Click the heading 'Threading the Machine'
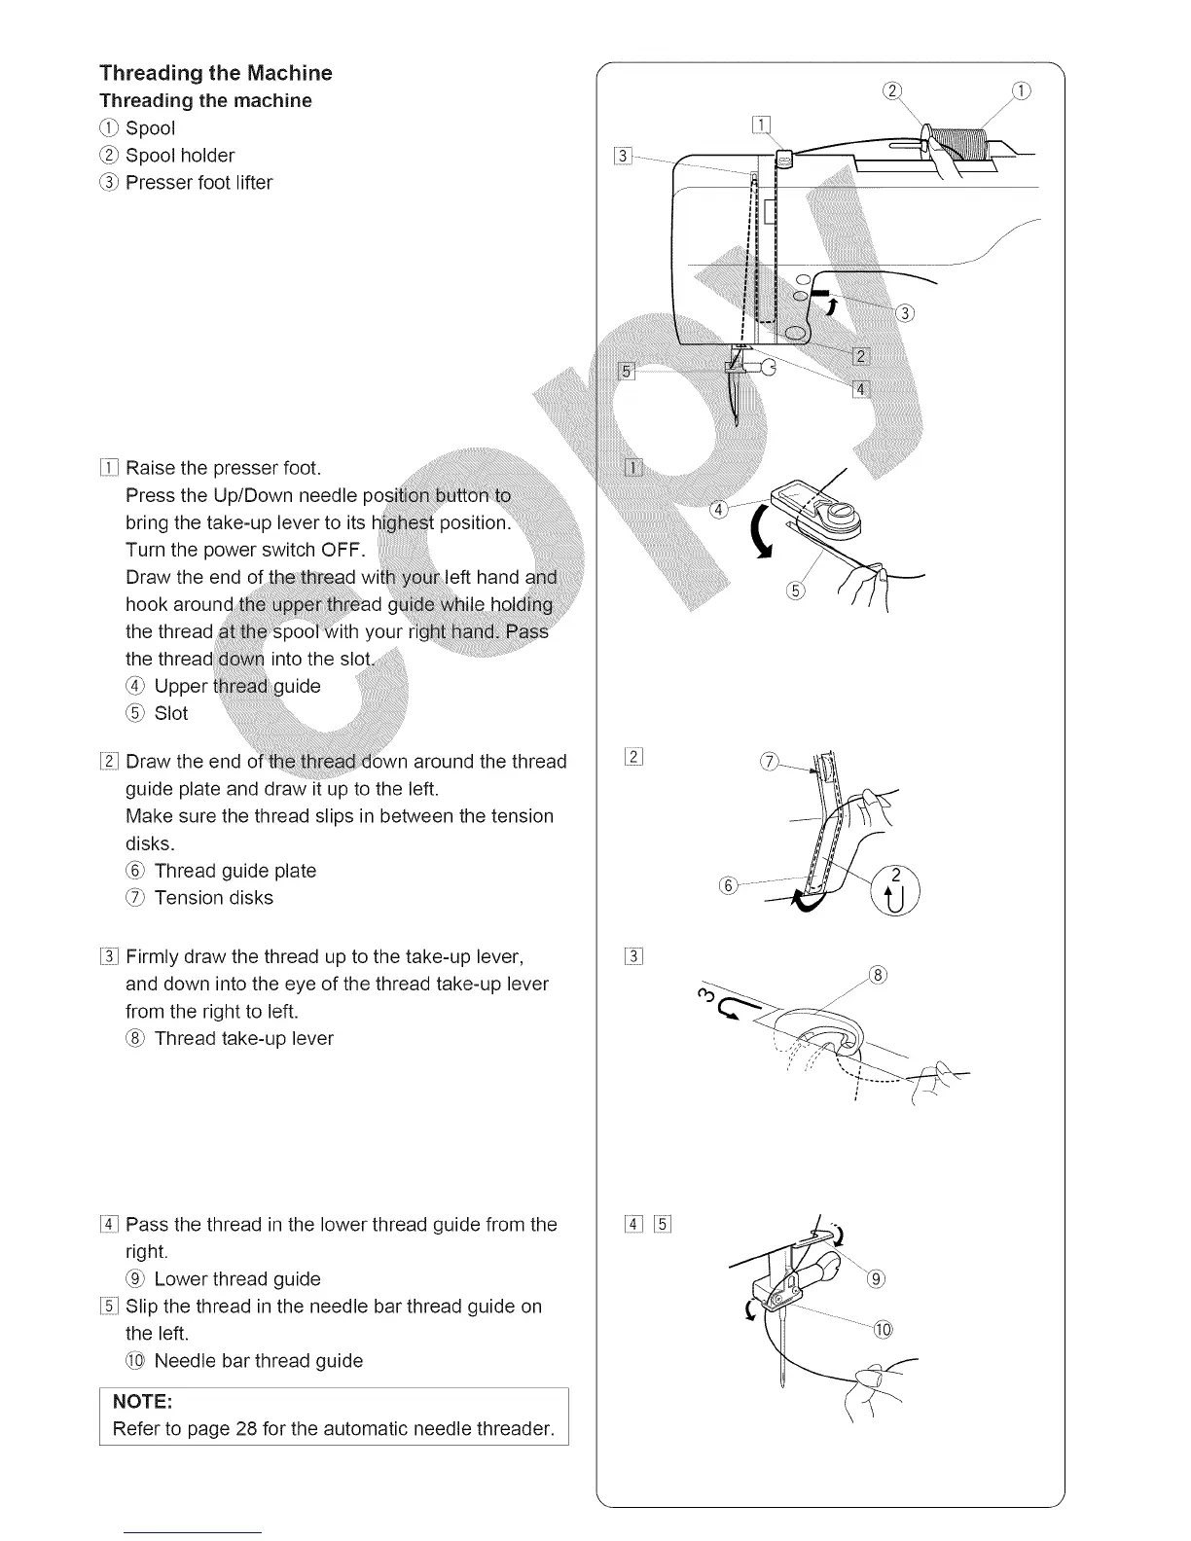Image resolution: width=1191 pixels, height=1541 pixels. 215,73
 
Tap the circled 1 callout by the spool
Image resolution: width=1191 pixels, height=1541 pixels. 1020,91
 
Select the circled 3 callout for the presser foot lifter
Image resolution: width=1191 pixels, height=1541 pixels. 906,312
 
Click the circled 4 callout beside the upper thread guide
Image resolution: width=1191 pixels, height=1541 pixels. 717,510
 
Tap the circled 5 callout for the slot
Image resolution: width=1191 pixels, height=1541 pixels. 795,592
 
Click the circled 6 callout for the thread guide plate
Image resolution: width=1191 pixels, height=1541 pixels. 727,885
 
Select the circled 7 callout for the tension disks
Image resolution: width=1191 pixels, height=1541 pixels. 769,762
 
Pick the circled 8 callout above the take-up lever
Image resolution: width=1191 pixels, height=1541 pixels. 878,976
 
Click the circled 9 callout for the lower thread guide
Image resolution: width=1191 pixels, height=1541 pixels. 876,1278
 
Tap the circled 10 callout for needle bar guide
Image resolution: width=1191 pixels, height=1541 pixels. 883,1330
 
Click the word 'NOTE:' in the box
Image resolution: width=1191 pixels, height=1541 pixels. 143,1401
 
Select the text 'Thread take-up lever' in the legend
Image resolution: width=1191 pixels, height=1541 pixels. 243,1038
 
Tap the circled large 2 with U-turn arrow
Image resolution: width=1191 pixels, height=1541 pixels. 895,887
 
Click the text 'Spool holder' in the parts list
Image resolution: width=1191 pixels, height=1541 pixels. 194,156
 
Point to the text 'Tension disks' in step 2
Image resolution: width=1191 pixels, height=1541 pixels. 213,898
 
